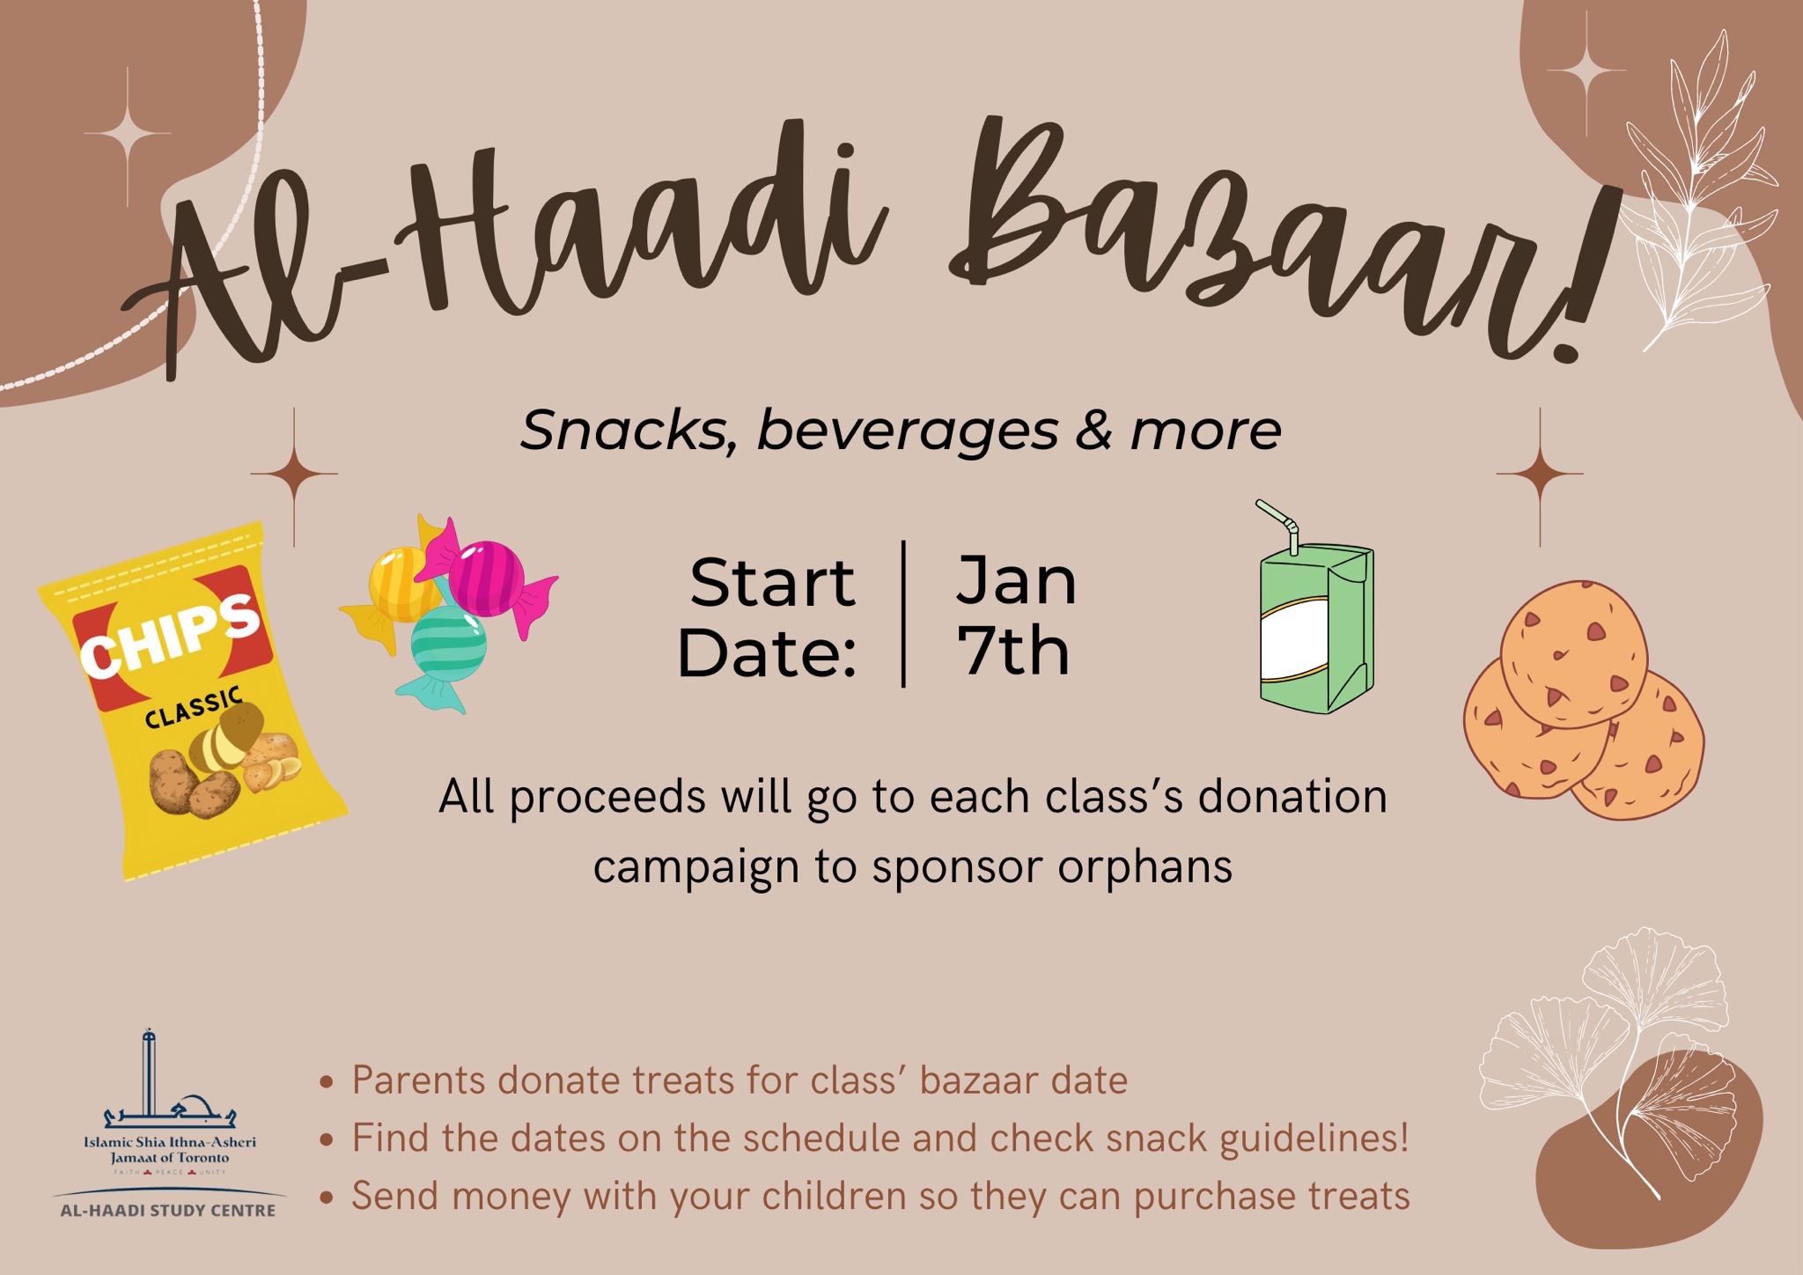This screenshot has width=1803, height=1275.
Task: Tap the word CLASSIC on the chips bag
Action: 194,711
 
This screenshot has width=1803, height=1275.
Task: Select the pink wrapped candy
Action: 486,577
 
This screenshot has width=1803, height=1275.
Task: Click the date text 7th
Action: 1013,652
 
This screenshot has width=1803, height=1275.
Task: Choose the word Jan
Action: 1017,581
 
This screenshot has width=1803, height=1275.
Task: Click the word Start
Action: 772,582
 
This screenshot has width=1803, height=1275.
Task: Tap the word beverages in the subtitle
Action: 907,431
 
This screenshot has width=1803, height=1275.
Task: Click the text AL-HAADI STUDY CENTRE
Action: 167,1211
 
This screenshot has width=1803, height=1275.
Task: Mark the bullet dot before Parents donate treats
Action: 327,1082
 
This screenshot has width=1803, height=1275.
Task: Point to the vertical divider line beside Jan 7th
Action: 904,614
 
